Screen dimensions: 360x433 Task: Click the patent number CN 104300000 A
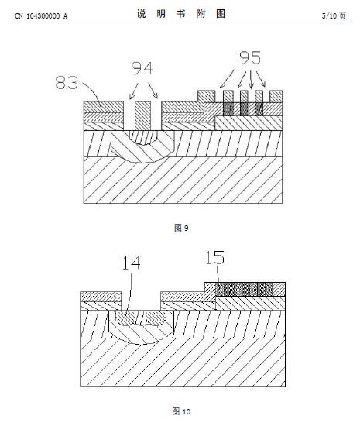41,16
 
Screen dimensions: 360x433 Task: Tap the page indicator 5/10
329,15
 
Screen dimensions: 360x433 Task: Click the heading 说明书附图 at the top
181,13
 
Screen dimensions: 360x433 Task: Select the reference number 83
67,83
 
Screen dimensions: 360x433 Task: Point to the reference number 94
142,68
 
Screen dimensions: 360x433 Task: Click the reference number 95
250,58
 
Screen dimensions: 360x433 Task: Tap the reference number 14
131,263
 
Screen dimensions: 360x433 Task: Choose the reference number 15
214,258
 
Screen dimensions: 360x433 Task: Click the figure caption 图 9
181,228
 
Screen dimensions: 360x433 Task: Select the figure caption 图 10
181,411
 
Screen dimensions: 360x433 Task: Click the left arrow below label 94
133,91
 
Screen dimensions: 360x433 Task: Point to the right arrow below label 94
153,91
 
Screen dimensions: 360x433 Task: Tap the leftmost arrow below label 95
227,79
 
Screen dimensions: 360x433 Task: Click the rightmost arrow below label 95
261,79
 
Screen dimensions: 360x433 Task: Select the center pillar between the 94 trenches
142,115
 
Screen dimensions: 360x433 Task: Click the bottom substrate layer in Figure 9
183,180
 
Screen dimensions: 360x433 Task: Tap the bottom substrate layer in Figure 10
183,362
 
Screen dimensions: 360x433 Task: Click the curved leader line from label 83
92,91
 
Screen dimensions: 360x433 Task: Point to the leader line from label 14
130,293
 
